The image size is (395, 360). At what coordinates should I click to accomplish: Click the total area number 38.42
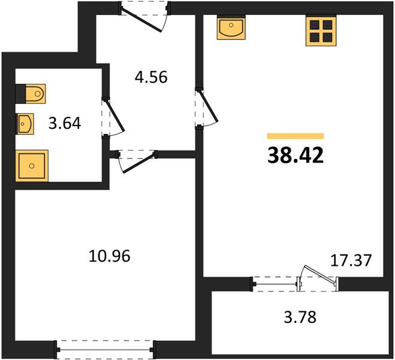point(296,155)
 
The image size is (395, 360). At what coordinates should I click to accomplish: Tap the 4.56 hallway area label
point(151,77)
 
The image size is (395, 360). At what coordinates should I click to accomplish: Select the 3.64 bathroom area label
point(65,124)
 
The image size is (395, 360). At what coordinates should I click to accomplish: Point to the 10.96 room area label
point(110,256)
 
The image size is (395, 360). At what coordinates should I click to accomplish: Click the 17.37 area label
point(351,260)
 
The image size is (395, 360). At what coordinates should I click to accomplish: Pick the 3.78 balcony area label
point(300,317)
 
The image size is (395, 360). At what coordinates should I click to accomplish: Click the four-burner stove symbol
point(321,31)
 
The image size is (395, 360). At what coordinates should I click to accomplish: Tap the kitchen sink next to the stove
point(231,27)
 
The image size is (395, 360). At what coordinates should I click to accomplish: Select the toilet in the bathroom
point(35,94)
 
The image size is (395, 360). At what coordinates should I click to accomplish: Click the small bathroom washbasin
point(25,124)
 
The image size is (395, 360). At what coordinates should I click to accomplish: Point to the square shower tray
point(32,166)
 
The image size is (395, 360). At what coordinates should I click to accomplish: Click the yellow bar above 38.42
point(296,136)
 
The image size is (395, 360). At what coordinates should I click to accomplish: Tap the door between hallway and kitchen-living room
point(209,106)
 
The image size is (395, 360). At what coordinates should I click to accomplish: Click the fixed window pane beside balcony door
point(275,284)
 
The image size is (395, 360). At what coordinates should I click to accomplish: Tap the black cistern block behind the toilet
point(20,94)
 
